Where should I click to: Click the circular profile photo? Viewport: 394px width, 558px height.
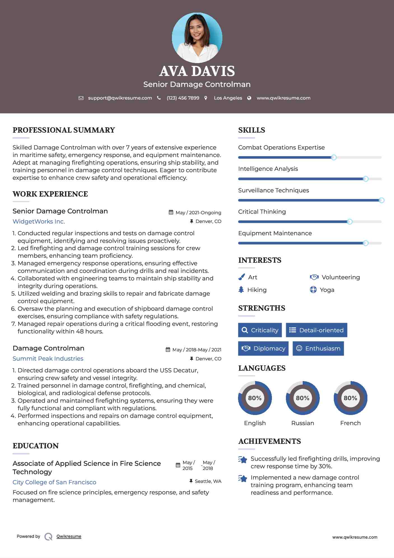pyautogui.click(x=197, y=38)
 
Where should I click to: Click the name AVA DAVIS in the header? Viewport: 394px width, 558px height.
pyautogui.click(x=197, y=71)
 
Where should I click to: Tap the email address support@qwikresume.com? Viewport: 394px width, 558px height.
pyautogui.click(x=120, y=98)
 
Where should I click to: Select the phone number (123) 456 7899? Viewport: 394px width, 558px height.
pyautogui.click(x=183, y=98)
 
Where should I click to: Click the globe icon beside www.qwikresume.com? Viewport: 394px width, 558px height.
pyautogui.click(x=249, y=98)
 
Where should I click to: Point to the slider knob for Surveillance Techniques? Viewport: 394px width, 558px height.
pyautogui.click(x=381, y=200)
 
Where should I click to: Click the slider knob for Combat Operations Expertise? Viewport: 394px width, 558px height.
pyautogui.click(x=334, y=157)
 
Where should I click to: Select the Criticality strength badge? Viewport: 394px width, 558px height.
pyautogui.click(x=260, y=330)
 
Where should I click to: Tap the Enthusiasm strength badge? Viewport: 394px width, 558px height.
pyautogui.click(x=318, y=348)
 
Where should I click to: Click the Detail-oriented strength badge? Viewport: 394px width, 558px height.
pyautogui.click(x=316, y=330)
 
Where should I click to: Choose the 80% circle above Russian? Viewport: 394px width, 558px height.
pyautogui.click(x=302, y=398)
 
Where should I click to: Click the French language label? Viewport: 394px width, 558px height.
pyautogui.click(x=350, y=423)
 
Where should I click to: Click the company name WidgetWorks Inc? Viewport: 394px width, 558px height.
pyautogui.click(x=39, y=222)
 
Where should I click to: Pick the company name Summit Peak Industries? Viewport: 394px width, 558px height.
pyautogui.click(x=48, y=359)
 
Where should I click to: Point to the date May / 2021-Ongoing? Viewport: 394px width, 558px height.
pyautogui.click(x=198, y=213)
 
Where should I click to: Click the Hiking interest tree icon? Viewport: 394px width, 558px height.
pyautogui.click(x=241, y=290)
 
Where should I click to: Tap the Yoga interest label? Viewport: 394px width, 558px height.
pyautogui.click(x=327, y=290)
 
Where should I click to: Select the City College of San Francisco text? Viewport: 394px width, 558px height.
pyautogui.click(x=54, y=482)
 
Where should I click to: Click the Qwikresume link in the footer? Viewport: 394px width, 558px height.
pyautogui.click(x=69, y=536)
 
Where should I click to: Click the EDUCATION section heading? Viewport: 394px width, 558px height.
pyautogui.click(x=36, y=446)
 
